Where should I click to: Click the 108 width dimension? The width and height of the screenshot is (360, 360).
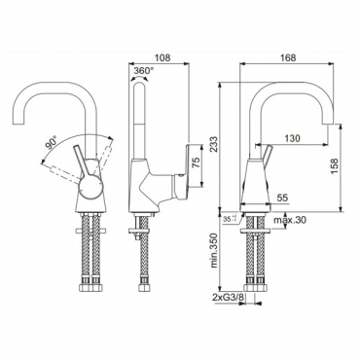162,57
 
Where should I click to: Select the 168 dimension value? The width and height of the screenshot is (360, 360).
288,57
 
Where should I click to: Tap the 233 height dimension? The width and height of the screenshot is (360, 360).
213,145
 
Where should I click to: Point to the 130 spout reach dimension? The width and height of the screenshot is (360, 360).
292,138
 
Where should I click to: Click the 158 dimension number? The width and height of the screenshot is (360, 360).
335,166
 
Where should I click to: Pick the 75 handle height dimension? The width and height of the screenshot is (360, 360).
196,162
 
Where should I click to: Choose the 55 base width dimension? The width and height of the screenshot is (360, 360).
282,198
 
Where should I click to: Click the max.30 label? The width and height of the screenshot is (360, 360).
290,220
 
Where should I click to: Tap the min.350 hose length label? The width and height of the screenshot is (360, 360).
214,251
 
